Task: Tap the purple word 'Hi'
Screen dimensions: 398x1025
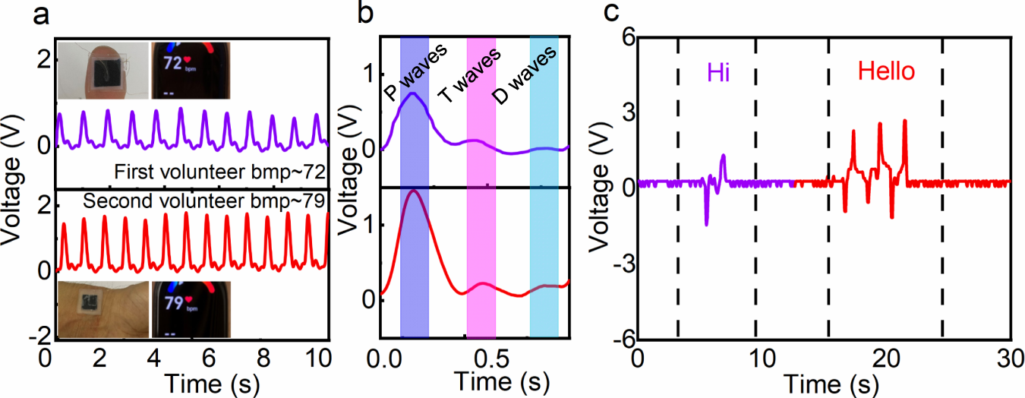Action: [718, 73]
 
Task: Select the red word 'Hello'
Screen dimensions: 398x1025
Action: [886, 73]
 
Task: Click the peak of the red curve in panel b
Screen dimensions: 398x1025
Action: [413, 191]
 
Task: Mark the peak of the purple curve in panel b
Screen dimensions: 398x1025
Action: [412, 93]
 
